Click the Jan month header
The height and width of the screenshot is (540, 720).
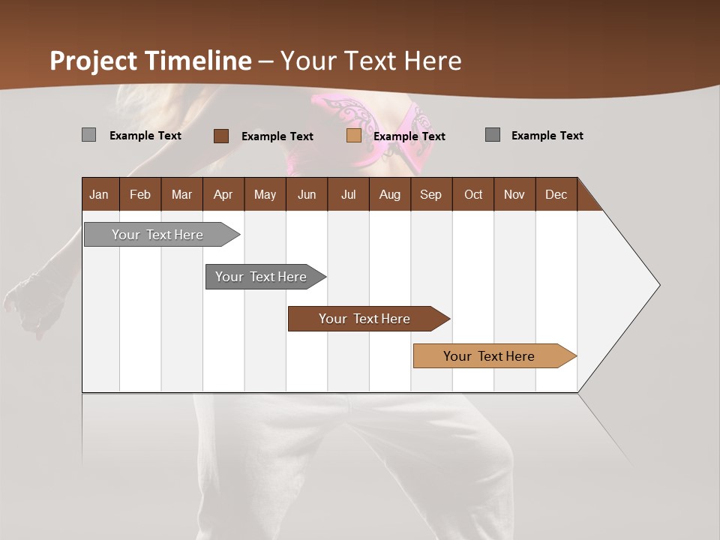coord(99,194)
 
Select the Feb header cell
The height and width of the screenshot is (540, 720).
coord(140,194)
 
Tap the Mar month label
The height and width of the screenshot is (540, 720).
coord(181,194)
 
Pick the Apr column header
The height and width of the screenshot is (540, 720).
coord(223,194)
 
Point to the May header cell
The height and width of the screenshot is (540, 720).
coord(265,194)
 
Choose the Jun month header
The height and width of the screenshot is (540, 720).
coord(307,194)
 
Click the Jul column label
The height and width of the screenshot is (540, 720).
coord(348,194)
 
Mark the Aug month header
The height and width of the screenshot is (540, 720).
coord(390,194)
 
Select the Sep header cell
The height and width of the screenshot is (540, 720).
coord(431,194)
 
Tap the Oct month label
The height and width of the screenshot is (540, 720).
coord(473,194)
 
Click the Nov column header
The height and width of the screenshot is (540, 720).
coord(514,194)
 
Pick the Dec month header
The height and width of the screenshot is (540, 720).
coord(556,194)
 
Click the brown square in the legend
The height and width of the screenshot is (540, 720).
coord(221,136)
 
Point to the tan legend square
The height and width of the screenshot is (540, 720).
coord(354,136)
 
